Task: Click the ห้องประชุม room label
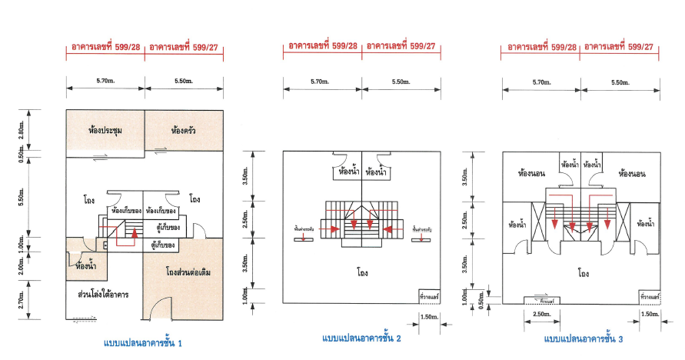click(105, 131)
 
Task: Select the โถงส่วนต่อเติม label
click(183, 273)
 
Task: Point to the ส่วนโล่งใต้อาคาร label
click(102, 295)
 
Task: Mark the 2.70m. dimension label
click(22, 299)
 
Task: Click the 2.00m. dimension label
click(22, 265)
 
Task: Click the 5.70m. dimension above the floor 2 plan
click(322, 82)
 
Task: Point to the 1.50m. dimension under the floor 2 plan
click(430, 315)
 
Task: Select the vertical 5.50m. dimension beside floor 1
click(22, 198)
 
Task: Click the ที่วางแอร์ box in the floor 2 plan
click(429, 295)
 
